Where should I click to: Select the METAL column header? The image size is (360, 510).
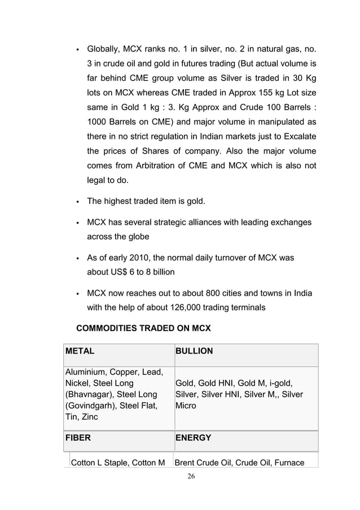80,351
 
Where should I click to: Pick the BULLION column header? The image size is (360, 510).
194,351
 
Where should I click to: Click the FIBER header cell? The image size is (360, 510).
78,438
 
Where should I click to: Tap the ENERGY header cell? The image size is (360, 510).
194,438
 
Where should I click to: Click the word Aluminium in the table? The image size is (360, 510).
85,372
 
